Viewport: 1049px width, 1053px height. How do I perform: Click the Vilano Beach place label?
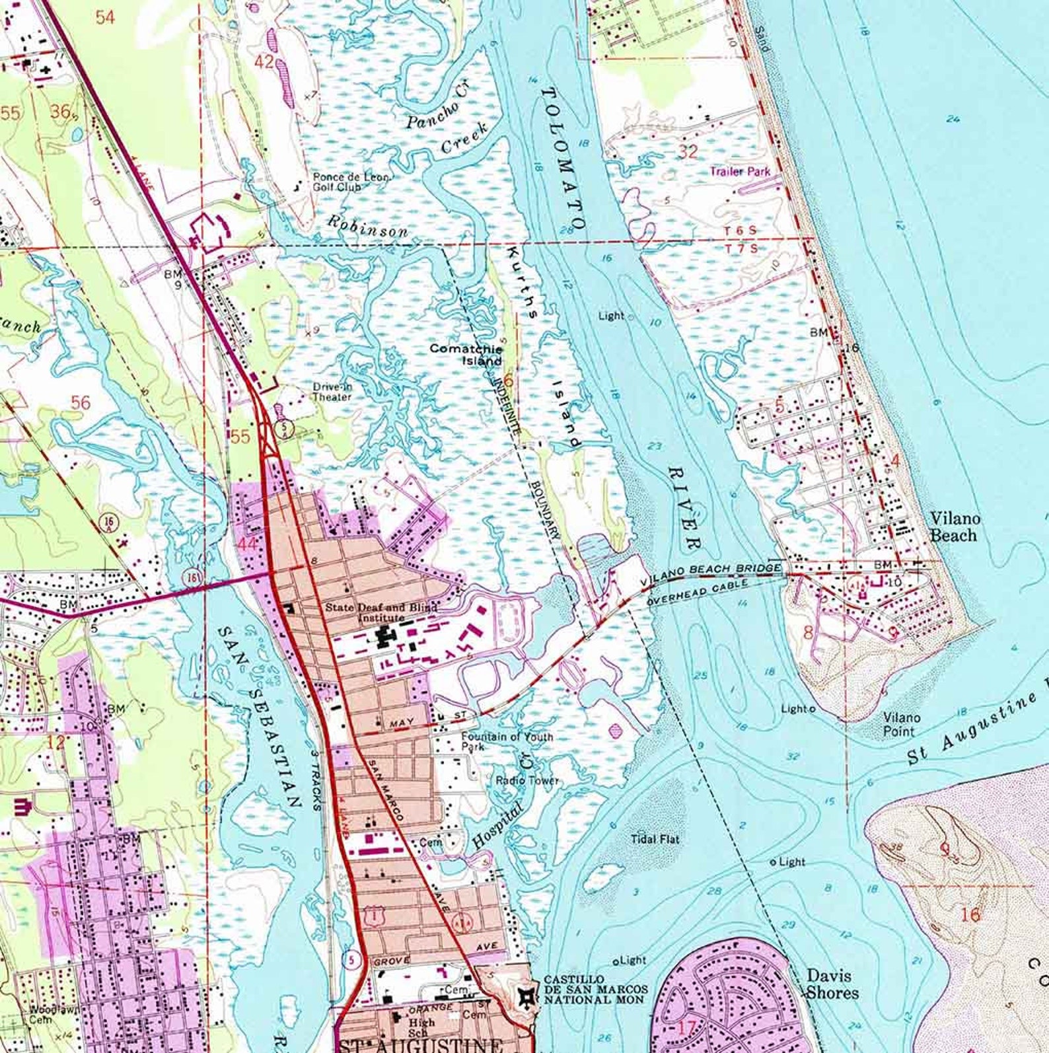click(x=955, y=526)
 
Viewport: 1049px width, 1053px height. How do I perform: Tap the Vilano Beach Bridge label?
click(x=711, y=575)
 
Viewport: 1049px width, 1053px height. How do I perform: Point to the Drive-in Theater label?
click(x=332, y=392)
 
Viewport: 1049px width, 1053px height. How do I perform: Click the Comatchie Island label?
click(x=466, y=354)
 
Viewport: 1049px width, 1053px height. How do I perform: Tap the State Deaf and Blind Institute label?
click(x=381, y=612)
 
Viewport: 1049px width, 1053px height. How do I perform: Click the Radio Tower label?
click(x=527, y=780)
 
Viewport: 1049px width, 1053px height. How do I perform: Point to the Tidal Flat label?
click(x=655, y=839)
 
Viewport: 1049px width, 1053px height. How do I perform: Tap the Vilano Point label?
click(x=902, y=724)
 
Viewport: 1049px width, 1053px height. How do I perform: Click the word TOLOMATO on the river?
click(x=563, y=159)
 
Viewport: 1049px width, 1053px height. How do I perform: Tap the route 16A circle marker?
click(x=110, y=522)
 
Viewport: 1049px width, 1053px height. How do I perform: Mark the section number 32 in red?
click(x=688, y=151)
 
